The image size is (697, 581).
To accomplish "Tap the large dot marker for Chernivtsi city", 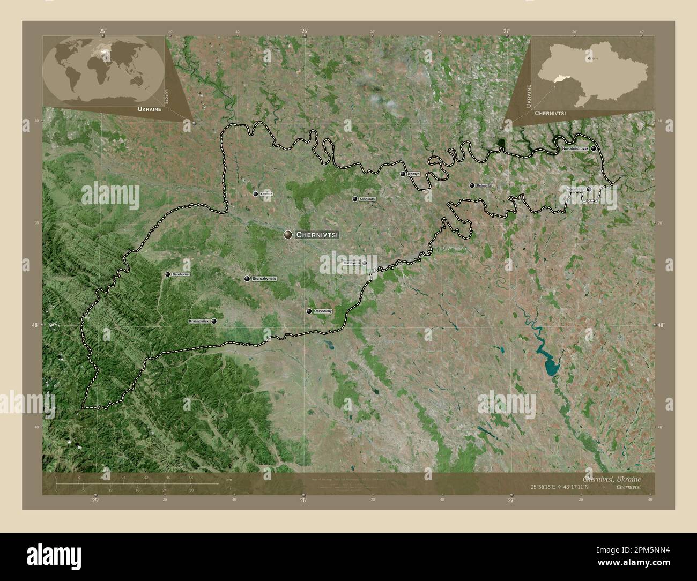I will coord(288,234).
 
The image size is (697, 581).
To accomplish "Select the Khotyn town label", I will coord(414,174).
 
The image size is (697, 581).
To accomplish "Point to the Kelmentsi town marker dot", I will coord(472,185).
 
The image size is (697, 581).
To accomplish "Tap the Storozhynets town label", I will coord(264,279).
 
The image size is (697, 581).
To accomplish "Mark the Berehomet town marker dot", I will coord(168,274).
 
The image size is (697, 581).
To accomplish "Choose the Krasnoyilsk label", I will coord(199,321).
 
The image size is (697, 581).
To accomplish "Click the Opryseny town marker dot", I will coord(309,311).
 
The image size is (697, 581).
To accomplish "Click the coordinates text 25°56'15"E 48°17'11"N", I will coord(566,487).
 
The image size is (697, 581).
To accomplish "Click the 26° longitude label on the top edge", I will coord(304,32).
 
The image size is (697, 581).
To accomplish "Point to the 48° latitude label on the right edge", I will coord(660,325).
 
